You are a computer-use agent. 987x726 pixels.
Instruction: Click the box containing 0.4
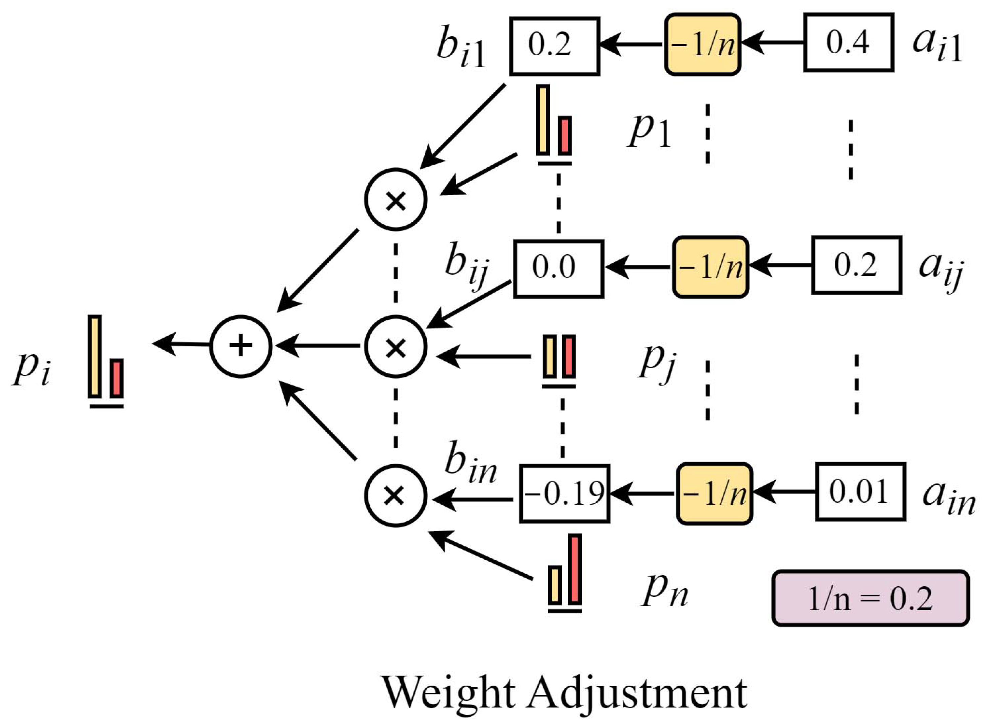click(x=848, y=43)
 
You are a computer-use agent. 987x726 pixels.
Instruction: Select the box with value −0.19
click(x=564, y=494)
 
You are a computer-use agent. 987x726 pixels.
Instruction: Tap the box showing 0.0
click(x=559, y=269)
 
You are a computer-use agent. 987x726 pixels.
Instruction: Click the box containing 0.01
click(x=860, y=492)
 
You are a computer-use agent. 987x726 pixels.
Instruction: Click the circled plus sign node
click(x=240, y=346)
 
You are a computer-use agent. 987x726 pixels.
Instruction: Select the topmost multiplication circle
click(x=395, y=200)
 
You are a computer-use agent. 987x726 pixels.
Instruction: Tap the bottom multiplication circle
click(x=395, y=495)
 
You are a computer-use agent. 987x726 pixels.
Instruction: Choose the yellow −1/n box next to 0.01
click(x=714, y=494)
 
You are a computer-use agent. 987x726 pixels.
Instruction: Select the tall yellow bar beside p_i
click(x=94, y=356)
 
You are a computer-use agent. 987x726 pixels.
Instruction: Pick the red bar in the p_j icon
click(x=569, y=356)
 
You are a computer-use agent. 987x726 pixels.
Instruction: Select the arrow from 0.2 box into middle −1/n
click(x=779, y=265)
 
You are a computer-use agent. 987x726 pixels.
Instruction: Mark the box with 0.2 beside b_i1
click(x=554, y=46)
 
